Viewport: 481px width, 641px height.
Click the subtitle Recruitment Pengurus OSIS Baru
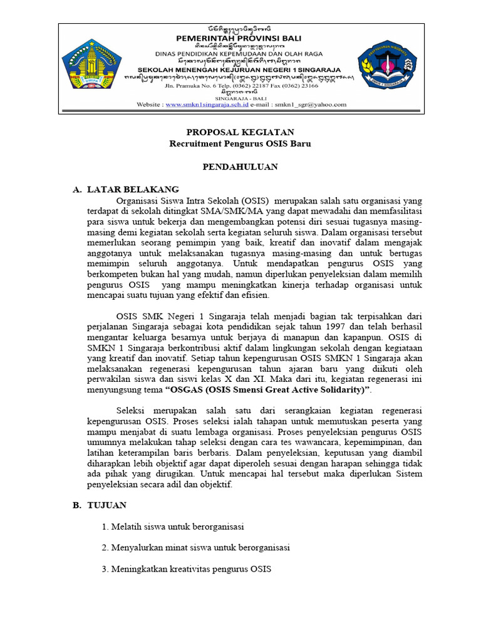point(240,143)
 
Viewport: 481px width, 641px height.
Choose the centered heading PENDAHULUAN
point(240,167)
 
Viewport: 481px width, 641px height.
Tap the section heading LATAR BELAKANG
point(133,189)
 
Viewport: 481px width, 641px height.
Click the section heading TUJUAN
point(107,505)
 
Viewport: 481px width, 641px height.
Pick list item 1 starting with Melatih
point(172,526)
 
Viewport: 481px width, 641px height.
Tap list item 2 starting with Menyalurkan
point(195,548)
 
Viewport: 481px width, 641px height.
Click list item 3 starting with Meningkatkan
point(186,569)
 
